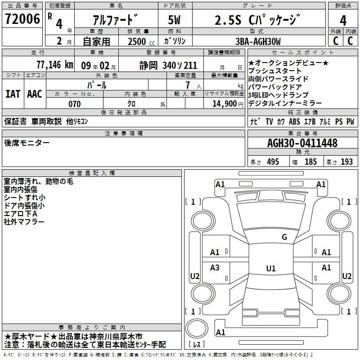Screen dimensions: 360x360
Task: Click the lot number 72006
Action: [x=22, y=19]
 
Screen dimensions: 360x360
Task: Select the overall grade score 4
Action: [x=343, y=20]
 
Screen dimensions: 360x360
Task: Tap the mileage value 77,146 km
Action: [x=55, y=65]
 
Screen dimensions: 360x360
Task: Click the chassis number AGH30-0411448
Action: [x=302, y=143]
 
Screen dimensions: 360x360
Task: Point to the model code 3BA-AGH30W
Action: [x=258, y=41]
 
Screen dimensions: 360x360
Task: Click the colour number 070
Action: [x=75, y=104]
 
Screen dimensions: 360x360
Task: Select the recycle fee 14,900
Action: [x=225, y=104]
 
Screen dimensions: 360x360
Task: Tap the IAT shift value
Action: [x=13, y=94]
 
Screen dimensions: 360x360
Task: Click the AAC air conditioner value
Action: [x=35, y=94]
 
